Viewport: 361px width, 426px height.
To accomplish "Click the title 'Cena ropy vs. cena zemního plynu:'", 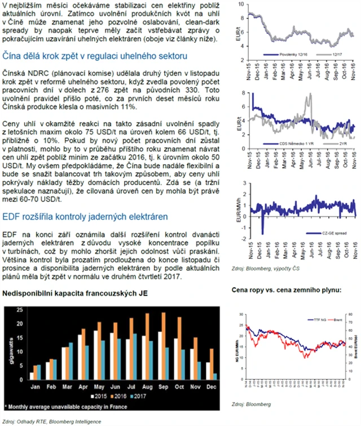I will [288, 290].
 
